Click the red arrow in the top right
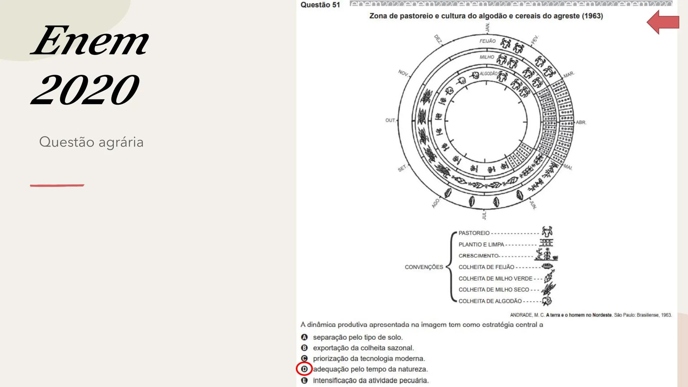[x=663, y=22]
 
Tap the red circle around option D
[x=304, y=369]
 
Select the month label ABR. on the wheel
[x=581, y=123]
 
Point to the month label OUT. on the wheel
[x=390, y=120]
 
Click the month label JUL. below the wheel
[x=484, y=215]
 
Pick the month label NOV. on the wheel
[x=403, y=73]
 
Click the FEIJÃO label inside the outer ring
[x=487, y=41]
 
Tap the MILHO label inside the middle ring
[x=487, y=57]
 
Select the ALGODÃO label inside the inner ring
[x=488, y=74]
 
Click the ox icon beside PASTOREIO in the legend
[x=547, y=231]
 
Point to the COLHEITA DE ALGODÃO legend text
[x=490, y=301]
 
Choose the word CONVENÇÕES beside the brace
[x=424, y=267]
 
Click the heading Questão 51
[x=320, y=5]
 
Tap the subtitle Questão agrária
[x=91, y=142]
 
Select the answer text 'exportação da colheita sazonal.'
[x=363, y=348]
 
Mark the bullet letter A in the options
[x=304, y=337]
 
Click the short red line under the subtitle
[x=57, y=185]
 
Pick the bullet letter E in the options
[x=304, y=381]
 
